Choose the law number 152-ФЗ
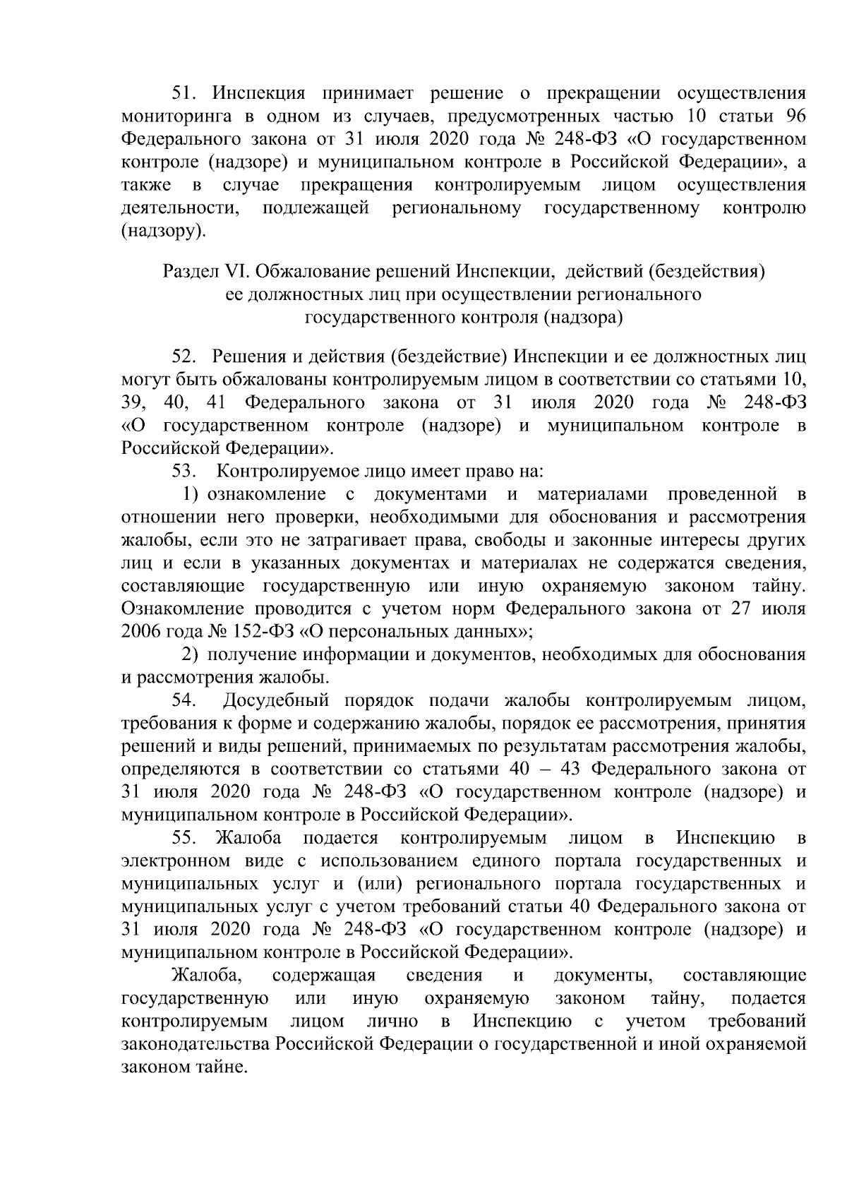263,632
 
